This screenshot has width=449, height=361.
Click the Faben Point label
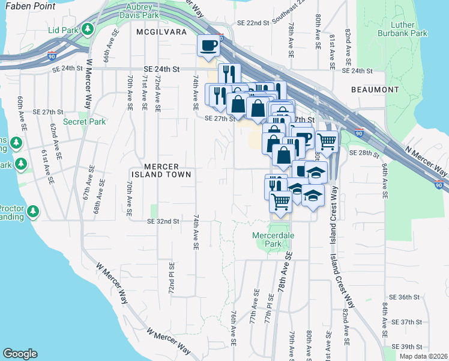click(x=28, y=7)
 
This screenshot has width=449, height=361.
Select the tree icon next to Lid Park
click(x=88, y=29)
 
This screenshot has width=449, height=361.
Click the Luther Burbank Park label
click(x=408, y=29)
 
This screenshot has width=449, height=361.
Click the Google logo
click(x=20, y=354)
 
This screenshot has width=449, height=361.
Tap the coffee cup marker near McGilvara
click(x=209, y=46)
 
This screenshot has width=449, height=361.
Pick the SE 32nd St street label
click(x=164, y=221)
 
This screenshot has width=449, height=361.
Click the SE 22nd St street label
click(x=253, y=23)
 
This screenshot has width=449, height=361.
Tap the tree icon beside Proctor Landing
click(x=32, y=211)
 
